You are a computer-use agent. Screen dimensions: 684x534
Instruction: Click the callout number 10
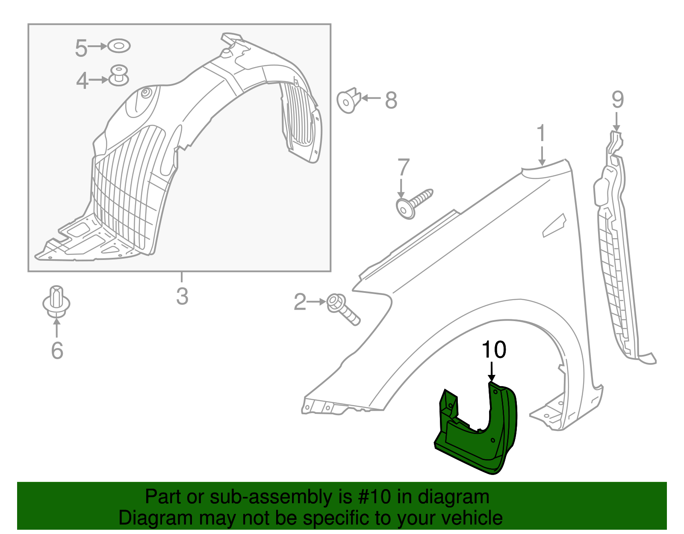coord(494,349)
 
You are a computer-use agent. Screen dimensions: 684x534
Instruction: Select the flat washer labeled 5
coord(119,46)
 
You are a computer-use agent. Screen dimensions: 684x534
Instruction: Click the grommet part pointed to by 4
coord(118,76)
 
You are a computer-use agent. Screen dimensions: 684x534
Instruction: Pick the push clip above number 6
coord(56,302)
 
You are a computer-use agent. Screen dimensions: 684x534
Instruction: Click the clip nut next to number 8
coord(348,100)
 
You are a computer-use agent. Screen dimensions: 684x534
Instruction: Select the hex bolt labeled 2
coord(343,309)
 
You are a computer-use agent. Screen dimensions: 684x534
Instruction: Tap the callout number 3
coord(182,296)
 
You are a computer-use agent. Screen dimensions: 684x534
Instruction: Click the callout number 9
coord(618,100)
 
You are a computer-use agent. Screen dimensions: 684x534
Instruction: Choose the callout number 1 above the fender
coord(541,133)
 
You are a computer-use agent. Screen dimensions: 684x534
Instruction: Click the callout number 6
coord(57,350)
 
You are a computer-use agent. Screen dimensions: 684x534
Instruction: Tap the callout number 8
coord(391,100)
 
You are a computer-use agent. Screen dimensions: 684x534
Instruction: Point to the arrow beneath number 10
coord(492,372)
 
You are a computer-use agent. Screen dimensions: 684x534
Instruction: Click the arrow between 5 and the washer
coord(97,46)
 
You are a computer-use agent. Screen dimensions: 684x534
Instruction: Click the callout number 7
coord(403,166)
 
